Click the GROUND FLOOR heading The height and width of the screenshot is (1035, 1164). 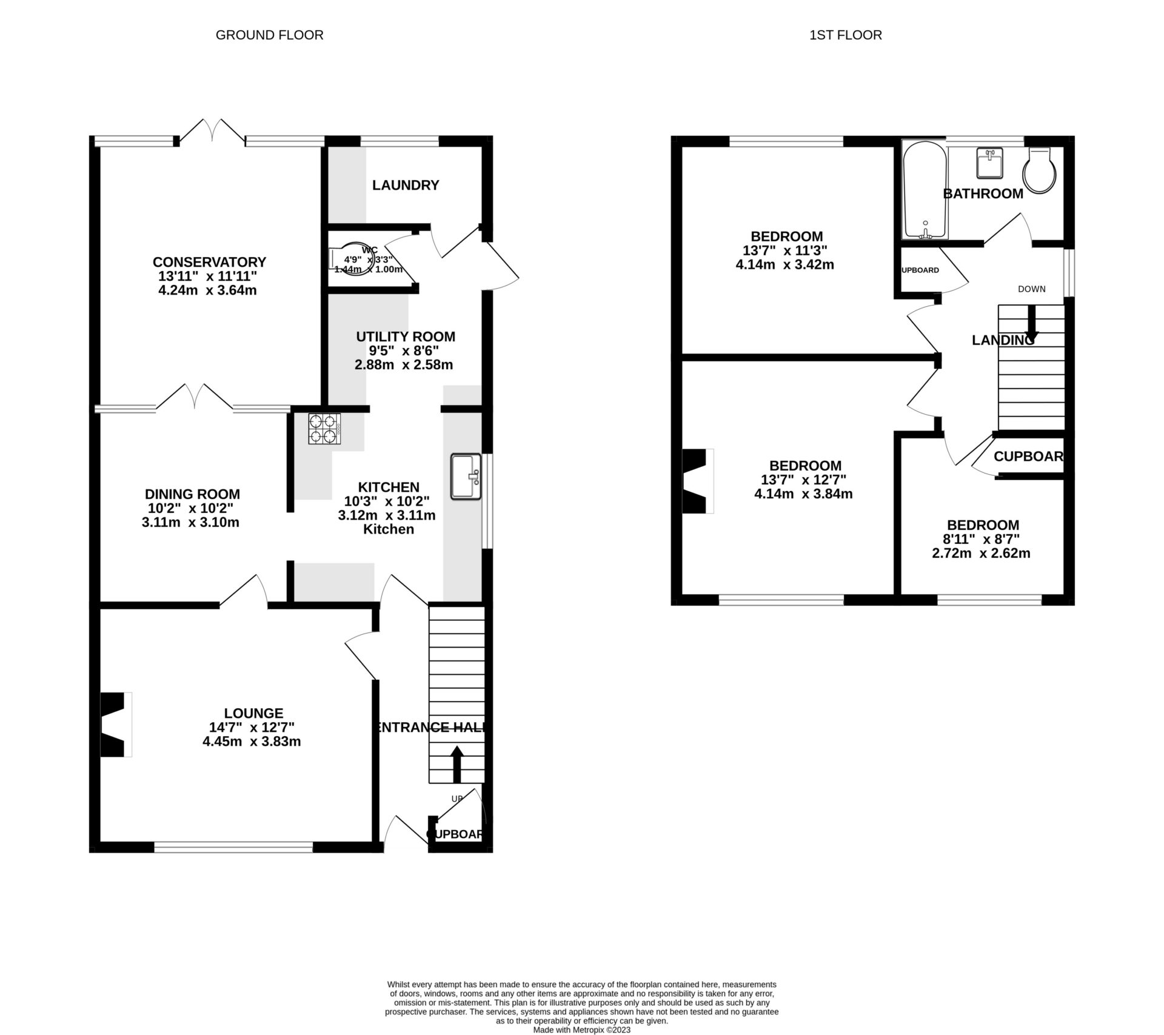tap(269, 35)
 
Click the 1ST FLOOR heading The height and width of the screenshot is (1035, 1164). tap(845, 35)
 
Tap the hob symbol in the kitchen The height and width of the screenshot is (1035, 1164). tap(324, 429)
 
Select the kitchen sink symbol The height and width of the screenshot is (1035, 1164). tap(466, 477)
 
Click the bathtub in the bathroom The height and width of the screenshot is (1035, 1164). tap(924, 190)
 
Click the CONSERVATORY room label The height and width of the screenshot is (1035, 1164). tap(209, 262)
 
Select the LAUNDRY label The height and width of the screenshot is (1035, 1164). tap(406, 186)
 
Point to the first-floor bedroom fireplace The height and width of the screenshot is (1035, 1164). tap(696, 481)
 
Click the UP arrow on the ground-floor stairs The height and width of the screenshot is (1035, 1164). tap(457, 765)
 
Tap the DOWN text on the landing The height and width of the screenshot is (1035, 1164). tap(1031, 289)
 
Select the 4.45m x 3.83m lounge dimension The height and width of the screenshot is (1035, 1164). tap(252, 742)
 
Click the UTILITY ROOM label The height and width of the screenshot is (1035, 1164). tap(405, 337)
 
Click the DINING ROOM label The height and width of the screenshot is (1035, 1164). tap(192, 494)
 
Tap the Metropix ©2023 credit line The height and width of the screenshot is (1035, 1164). tap(581, 1030)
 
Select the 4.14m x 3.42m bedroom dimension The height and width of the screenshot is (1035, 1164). tap(784, 264)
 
